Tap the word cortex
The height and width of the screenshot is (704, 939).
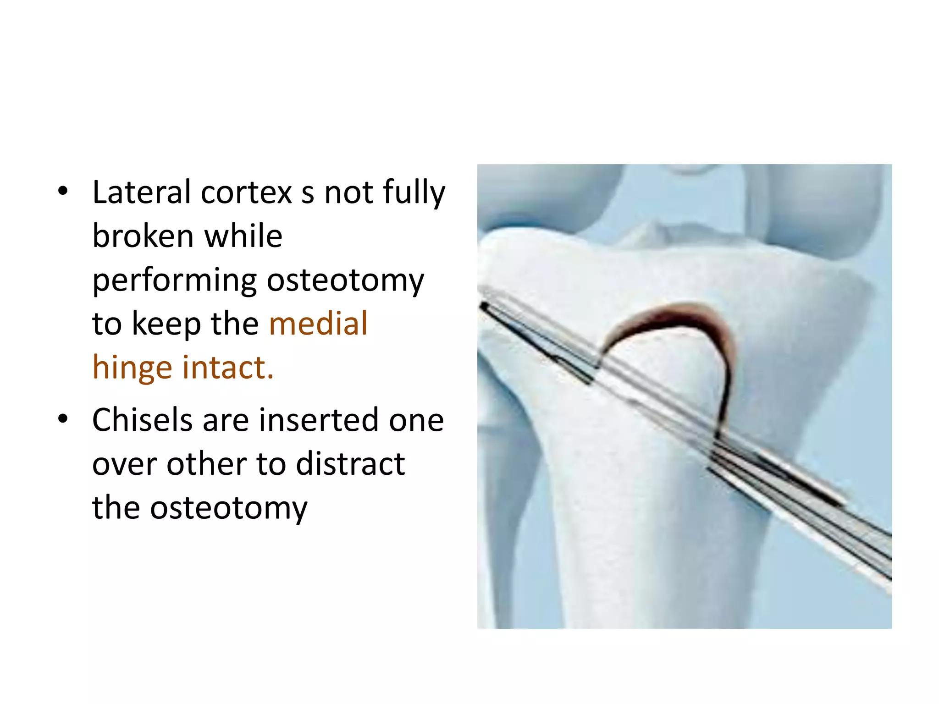pos(246,192)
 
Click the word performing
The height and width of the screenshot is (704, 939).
pos(174,281)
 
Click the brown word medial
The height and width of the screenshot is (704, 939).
pos(318,324)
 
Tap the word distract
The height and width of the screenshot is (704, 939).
pos(350,463)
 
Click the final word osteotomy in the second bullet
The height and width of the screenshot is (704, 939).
pos(229,508)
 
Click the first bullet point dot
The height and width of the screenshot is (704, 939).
pos(63,191)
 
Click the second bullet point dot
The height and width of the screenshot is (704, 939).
pos(63,418)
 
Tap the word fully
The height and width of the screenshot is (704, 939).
pos(414,192)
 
